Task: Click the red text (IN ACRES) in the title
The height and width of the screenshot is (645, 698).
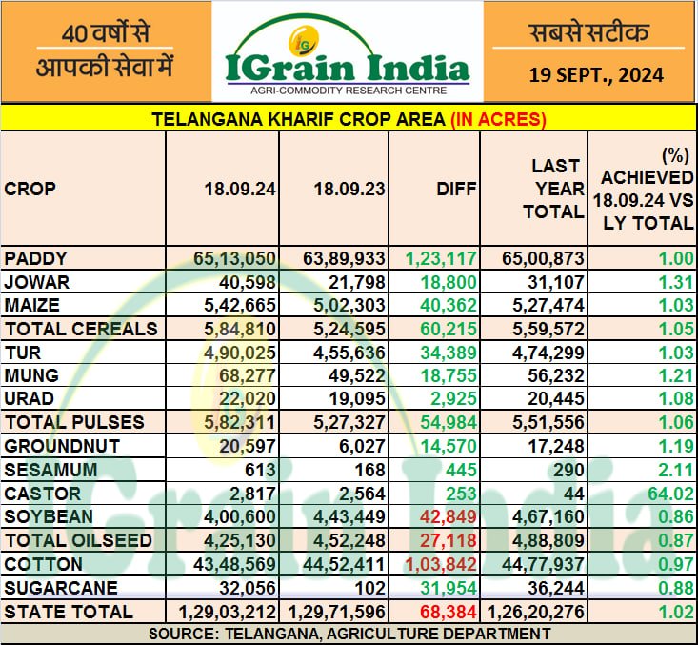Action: coord(498,119)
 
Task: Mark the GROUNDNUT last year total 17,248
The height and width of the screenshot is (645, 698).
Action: coord(557,446)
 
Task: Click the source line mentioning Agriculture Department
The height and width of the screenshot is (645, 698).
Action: coord(349,633)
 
